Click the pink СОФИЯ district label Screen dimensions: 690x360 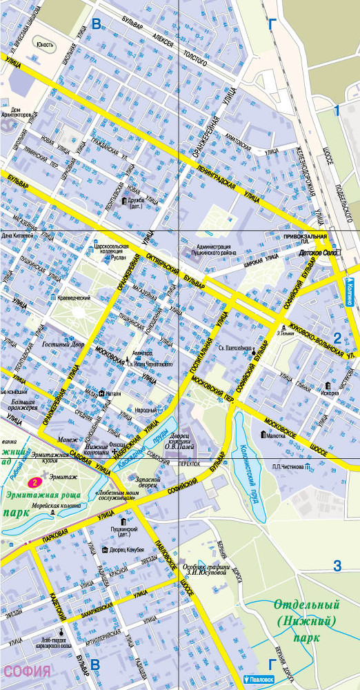(x=28, y=671)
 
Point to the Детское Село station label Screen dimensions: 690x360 (x=321, y=253)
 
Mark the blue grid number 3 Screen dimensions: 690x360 (x=337, y=566)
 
